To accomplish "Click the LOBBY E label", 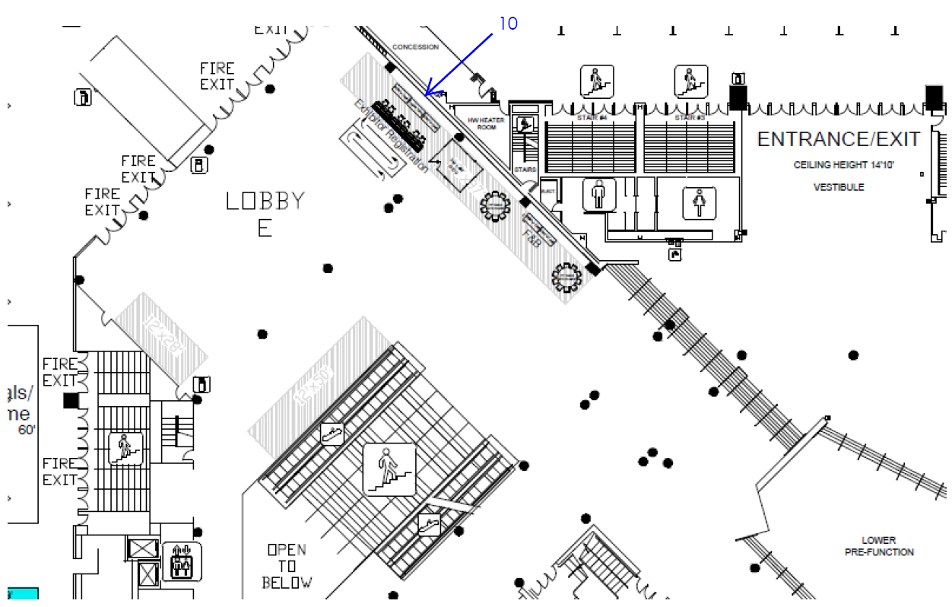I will (265, 214).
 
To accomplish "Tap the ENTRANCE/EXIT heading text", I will (839, 139).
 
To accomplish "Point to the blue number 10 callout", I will (508, 24).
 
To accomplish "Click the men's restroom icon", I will (599, 195).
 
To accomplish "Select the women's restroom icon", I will (700, 204).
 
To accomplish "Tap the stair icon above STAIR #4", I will (596, 81).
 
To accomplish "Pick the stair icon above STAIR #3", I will (690, 81).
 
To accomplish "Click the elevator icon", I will (182, 562).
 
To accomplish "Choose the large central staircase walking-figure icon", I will (389, 469).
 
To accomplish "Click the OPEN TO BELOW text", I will (287, 566).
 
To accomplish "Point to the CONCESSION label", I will (415, 47).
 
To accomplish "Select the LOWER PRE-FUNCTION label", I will (879, 546).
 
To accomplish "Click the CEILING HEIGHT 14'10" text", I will (839, 165).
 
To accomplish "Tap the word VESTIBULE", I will (839, 187).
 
